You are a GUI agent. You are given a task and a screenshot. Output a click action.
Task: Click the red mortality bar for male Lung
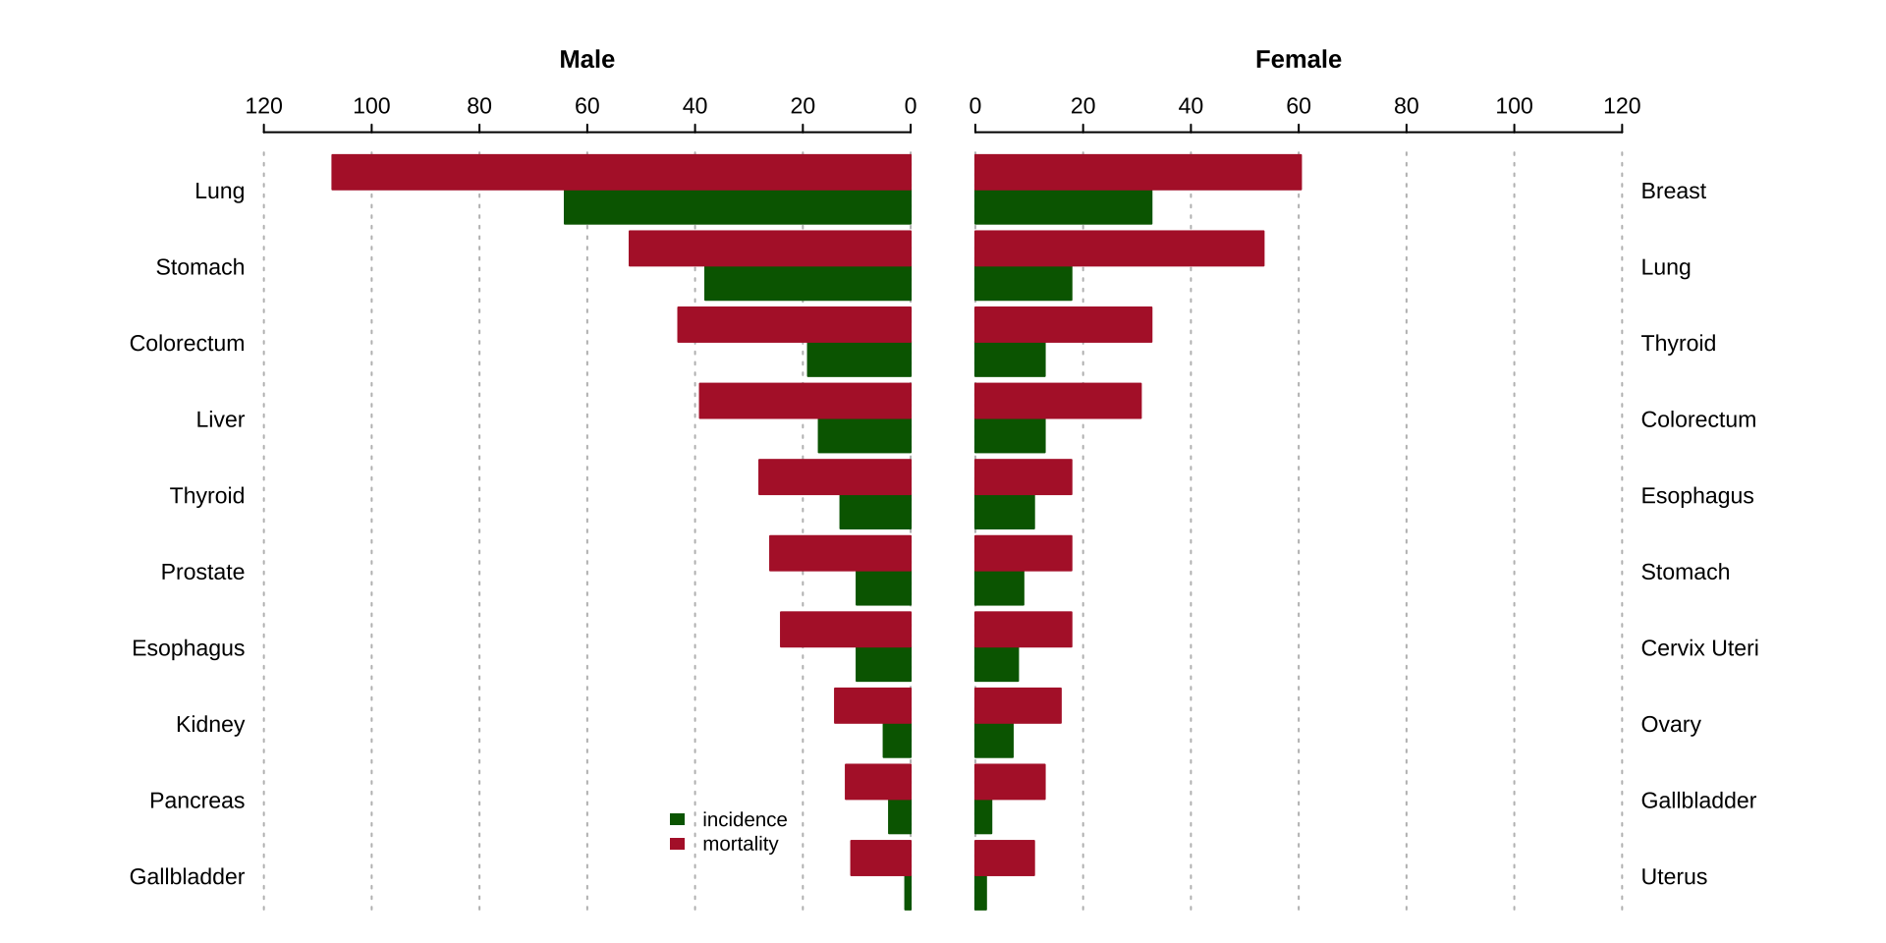(x=621, y=172)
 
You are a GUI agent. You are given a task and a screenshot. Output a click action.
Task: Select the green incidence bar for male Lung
(x=737, y=207)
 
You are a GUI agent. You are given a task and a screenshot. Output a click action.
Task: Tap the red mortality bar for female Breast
(x=1137, y=172)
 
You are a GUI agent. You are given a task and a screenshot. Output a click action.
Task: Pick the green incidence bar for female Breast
(x=1063, y=207)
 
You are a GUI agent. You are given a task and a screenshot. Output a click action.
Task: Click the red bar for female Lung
(x=1119, y=249)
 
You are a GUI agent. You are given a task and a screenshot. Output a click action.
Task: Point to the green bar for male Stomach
(x=807, y=284)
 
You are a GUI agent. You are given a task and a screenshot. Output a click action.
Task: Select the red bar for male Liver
(x=804, y=401)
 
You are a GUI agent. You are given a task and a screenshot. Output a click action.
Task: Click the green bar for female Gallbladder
(x=983, y=817)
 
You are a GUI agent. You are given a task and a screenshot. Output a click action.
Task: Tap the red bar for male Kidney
(x=872, y=705)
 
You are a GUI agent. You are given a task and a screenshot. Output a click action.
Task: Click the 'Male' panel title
(x=586, y=60)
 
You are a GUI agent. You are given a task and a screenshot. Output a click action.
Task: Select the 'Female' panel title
(x=1298, y=60)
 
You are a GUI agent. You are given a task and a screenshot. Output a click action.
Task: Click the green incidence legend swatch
(x=677, y=819)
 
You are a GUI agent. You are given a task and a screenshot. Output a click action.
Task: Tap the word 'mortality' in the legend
(x=740, y=844)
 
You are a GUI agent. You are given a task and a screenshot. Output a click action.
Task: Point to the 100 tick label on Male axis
(x=371, y=106)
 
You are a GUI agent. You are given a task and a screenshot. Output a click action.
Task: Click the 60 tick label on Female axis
(x=1298, y=106)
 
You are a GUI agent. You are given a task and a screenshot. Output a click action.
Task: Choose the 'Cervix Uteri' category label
(x=1699, y=648)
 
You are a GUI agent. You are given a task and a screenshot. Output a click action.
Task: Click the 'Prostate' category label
(x=202, y=572)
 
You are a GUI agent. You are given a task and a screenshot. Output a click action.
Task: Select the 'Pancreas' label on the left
(x=196, y=801)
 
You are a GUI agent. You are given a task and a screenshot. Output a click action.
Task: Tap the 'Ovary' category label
(x=1670, y=724)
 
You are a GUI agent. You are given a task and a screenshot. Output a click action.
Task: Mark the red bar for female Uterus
(x=1004, y=858)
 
